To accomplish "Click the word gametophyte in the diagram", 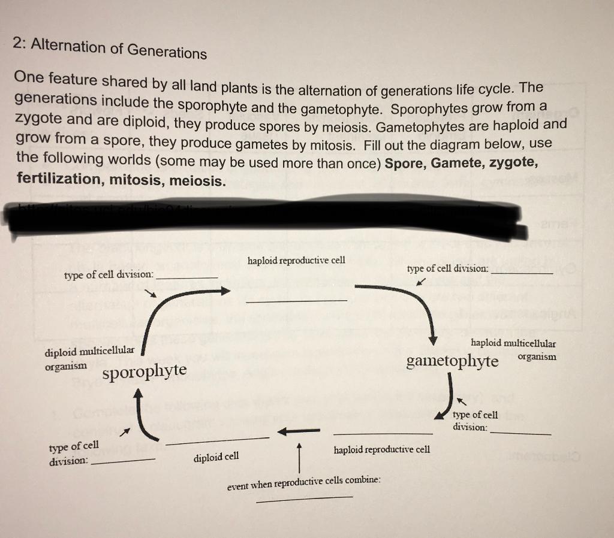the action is [x=452, y=361].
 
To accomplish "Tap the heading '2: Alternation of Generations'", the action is [x=110, y=47].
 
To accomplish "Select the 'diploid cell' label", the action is [x=216, y=457].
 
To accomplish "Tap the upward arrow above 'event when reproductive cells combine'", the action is [x=298, y=459].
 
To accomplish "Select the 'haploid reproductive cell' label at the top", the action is [x=296, y=261].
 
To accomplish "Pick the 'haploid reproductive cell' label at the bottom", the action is [x=382, y=449].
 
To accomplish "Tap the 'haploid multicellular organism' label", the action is [x=513, y=349].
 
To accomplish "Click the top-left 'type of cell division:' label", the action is [x=109, y=274].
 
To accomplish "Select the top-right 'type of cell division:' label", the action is [x=447, y=268].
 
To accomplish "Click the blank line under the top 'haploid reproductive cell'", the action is [x=296, y=300].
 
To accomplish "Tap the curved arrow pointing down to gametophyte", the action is [x=416, y=306].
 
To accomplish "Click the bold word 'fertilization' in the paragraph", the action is [x=58, y=179].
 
